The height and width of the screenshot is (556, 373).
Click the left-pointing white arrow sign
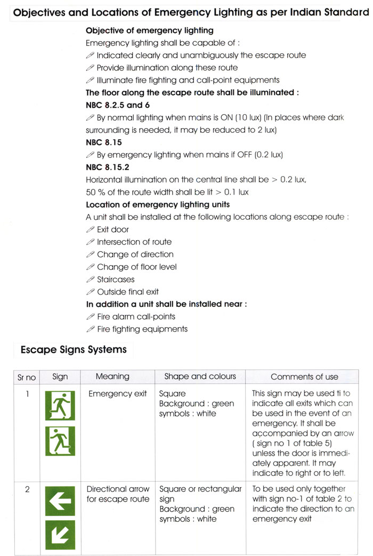60,501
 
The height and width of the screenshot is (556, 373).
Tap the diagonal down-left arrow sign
60,535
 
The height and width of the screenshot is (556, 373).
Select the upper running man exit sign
60,406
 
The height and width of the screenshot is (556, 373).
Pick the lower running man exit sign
60,441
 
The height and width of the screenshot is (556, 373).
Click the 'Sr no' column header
27,377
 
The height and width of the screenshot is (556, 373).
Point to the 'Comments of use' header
304,377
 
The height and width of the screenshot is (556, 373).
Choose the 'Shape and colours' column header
200,376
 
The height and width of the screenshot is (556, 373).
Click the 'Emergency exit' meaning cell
117,394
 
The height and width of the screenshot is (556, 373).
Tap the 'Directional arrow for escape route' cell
118,494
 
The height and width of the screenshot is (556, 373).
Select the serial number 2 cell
27,489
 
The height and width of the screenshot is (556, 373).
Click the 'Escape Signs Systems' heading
74,350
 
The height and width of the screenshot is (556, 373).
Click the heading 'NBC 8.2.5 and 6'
118,105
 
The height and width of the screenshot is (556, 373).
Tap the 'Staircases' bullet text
116,280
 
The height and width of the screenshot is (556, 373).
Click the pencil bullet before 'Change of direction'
90,255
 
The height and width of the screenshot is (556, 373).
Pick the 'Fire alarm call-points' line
136,317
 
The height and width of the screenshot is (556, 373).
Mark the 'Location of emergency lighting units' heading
158,205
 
